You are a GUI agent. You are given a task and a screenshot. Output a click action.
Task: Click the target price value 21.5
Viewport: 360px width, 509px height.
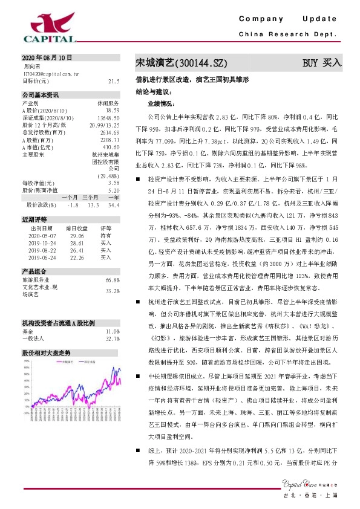pyautogui.click(x=113, y=80)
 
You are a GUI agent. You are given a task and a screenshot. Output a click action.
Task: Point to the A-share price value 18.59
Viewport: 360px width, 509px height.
pyautogui.click(x=113, y=110)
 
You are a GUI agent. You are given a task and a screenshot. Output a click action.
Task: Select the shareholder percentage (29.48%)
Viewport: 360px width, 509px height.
pyautogui.click(x=107, y=176)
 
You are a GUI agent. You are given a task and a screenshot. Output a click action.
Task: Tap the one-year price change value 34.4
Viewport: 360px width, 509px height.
pyautogui.click(x=113, y=205)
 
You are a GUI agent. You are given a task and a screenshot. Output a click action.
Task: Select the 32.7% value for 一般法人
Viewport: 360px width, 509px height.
pyautogui.click(x=112, y=339)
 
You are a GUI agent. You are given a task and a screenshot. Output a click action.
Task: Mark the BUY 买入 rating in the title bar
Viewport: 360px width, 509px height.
pyautogui.click(x=322, y=62)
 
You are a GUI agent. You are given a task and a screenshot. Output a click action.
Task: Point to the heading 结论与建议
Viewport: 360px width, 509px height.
pyautogui.click(x=154, y=92)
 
